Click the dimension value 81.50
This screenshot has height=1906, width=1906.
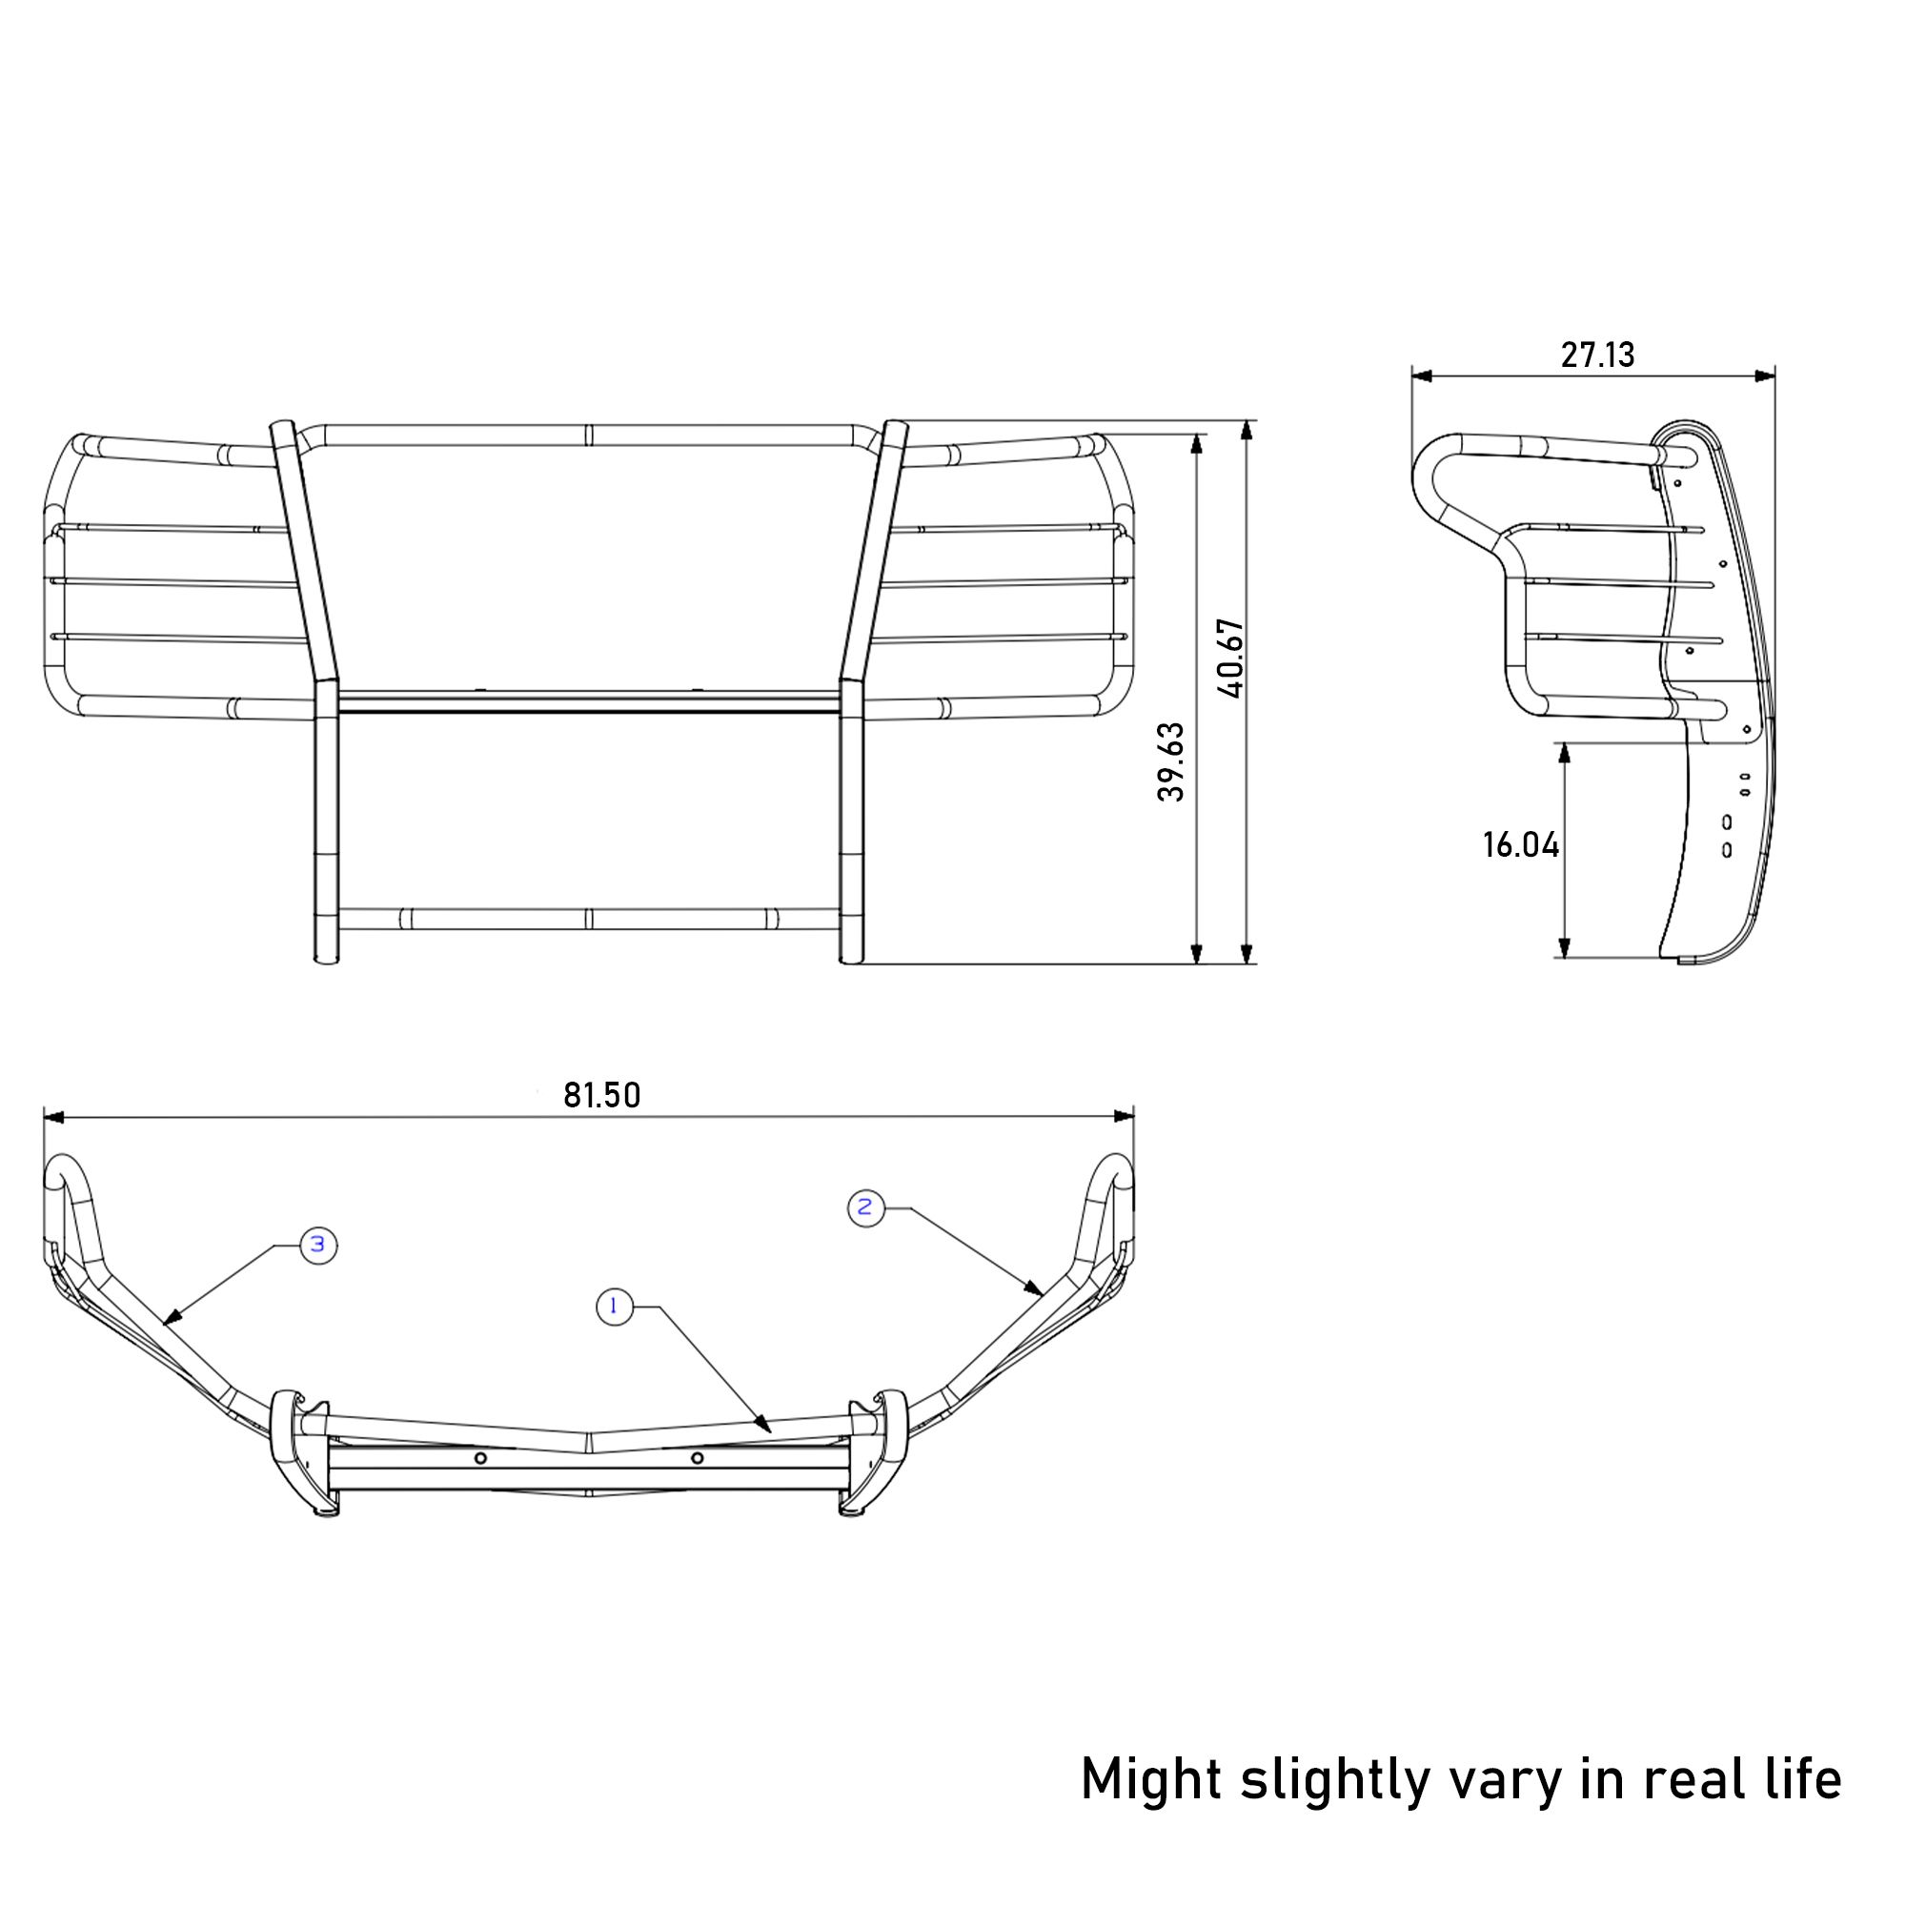click(x=601, y=1095)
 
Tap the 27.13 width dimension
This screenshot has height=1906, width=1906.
click(x=1597, y=355)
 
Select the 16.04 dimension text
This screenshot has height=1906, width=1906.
click(x=1520, y=844)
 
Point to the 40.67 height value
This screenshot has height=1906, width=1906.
click(x=1231, y=659)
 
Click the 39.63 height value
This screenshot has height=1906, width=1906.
click(x=1171, y=761)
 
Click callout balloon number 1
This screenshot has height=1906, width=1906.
click(x=615, y=1308)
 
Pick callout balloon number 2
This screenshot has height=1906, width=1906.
click(x=866, y=1207)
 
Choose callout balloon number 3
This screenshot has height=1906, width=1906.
click(x=317, y=1245)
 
